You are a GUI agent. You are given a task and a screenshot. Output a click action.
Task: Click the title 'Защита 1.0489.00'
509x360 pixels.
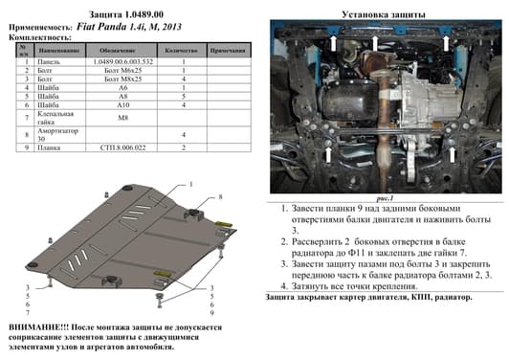click(x=127, y=10)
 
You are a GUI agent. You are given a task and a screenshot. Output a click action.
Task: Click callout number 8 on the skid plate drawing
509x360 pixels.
click(x=220, y=196)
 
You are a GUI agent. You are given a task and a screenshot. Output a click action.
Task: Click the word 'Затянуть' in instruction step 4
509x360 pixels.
click(x=306, y=284)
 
